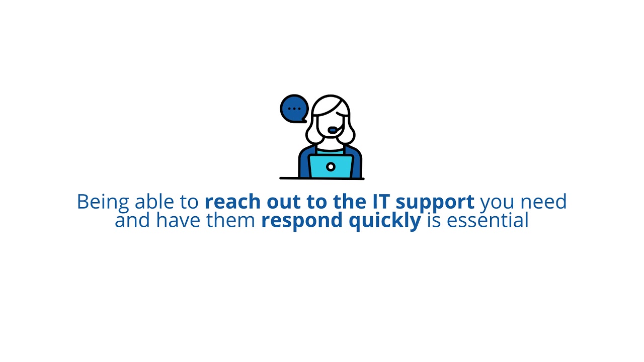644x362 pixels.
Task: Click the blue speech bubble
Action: coord(294,109)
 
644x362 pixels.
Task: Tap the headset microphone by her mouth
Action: coord(333,130)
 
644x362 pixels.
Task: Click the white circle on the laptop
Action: coord(331,167)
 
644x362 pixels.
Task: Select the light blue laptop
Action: coord(331,166)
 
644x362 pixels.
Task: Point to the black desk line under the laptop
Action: coord(321,178)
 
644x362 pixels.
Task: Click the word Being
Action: coord(103,202)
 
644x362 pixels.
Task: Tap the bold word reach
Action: coord(232,202)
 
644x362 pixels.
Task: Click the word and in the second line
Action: coord(132,220)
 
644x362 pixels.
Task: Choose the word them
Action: coord(232,220)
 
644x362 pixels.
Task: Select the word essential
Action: coord(487,220)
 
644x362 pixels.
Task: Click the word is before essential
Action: coord(434,220)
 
